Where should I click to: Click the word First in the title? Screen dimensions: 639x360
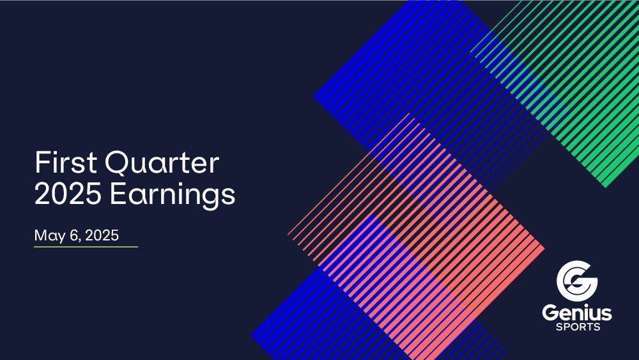[66, 162]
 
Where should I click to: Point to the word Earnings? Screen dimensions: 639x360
[173, 196]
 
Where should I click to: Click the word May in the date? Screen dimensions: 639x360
[50, 236]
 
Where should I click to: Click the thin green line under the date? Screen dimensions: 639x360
[86, 247]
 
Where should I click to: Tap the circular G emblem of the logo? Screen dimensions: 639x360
[576, 281]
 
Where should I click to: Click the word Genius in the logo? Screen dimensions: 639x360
[577, 313]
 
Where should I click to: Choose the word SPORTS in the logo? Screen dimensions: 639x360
[578, 327]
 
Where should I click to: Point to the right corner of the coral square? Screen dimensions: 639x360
[544, 247]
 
